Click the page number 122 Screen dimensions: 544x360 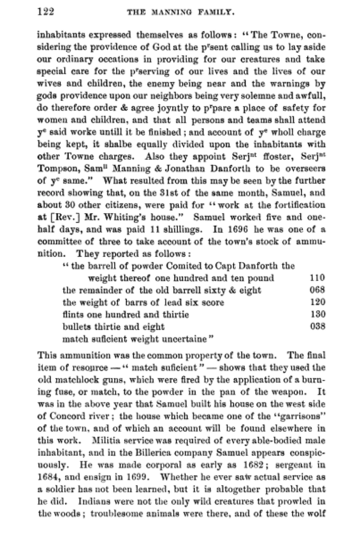pos(45,12)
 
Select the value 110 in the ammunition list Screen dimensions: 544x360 pos(317,278)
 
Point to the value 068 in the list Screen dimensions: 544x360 pos(317,290)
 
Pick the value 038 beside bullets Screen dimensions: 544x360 pos(317,326)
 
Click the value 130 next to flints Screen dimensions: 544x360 pos(317,314)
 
